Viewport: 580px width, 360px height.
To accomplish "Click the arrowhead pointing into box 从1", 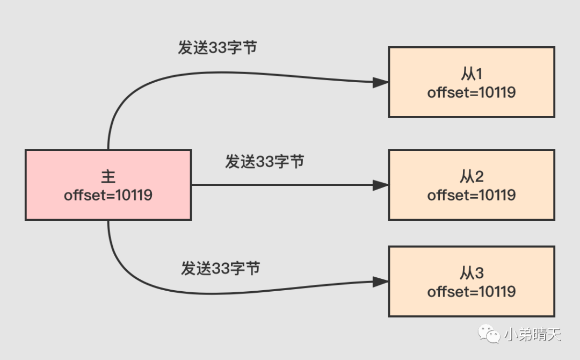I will click(x=380, y=82).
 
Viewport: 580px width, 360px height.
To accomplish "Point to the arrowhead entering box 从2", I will click(x=380, y=185).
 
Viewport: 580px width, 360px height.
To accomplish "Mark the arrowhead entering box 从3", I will click(x=380, y=282).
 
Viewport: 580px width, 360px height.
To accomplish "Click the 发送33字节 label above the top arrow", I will click(x=218, y=48).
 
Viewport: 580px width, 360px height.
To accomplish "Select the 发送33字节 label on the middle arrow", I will click(x=265, y=161).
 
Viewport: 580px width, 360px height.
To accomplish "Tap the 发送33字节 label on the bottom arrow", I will click(x=221, y=268).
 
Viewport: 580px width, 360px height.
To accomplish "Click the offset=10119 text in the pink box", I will click(x=108, y=195).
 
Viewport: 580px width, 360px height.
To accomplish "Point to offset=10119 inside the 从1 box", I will click(x=471, y=92).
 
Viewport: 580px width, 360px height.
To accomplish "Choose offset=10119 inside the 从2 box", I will click(x=471, y=195).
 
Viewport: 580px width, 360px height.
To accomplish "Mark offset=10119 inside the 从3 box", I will click(x=471, y=292).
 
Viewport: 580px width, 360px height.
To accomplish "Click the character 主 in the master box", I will click(x=108, y=177).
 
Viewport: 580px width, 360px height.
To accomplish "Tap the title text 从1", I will click(x=471, y=74).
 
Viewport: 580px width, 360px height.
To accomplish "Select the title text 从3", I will click(x=471, y=273).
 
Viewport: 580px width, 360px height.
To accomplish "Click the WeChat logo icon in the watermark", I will click(x=489, y=335).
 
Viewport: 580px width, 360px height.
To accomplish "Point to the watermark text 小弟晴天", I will click(x=532, y=335).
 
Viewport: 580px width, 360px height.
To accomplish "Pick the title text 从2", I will click(x=471, y=176).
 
